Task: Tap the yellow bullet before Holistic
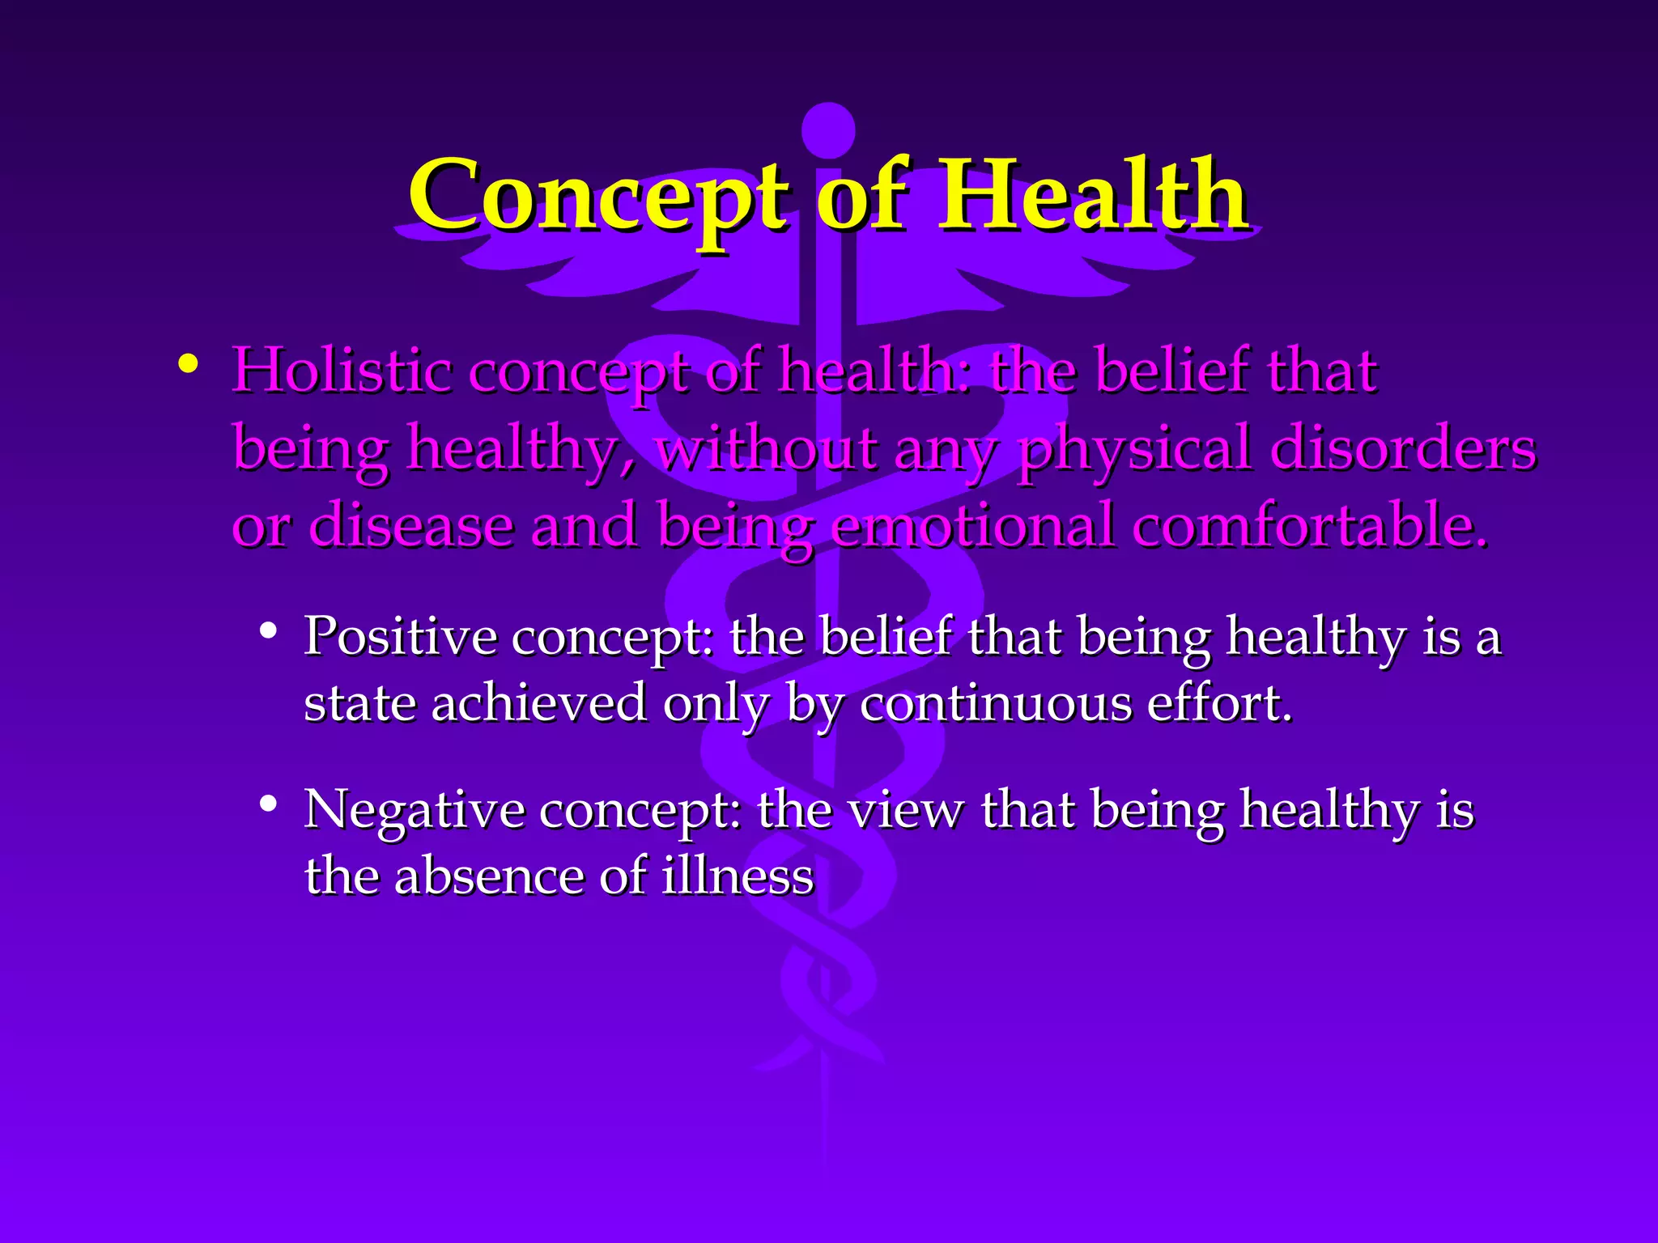(188, 365)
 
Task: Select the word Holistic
(341, 371)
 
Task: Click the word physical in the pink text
(1133, 450)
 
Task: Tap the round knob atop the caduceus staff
(827, 129)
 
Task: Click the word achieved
(538, 702)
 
